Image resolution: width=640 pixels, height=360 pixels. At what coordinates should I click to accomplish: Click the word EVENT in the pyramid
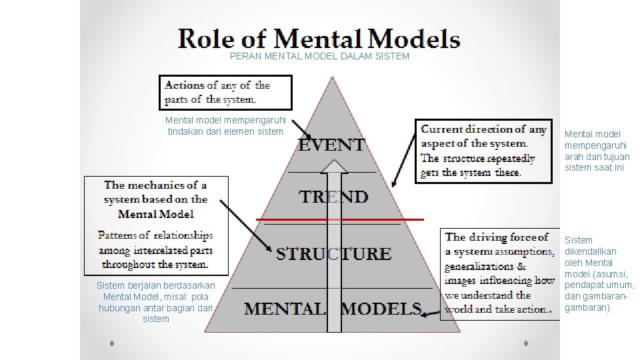331,145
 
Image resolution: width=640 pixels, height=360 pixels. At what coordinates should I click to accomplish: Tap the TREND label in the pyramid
333,197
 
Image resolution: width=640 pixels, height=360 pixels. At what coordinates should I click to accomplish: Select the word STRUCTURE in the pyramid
334,253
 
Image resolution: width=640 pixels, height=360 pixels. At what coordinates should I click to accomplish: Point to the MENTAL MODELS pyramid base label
333,309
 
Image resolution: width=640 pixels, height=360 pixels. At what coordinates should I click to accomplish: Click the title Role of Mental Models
319,38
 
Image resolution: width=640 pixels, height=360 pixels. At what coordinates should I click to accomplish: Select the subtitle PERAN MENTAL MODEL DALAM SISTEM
319,57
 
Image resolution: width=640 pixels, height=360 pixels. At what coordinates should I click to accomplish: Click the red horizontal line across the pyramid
340,219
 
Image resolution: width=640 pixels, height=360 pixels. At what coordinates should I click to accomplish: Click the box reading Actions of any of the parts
226,92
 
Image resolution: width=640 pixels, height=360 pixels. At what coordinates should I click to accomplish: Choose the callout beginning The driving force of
499,273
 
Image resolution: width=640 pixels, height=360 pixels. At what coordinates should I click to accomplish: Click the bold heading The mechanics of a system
155,199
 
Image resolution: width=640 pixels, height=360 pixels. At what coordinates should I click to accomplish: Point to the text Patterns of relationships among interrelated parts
155,250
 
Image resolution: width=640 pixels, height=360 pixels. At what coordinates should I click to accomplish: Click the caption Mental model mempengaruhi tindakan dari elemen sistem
226,125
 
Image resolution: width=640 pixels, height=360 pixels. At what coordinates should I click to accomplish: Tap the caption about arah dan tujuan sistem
597,151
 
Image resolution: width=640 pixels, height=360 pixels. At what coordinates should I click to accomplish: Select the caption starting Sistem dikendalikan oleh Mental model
599,273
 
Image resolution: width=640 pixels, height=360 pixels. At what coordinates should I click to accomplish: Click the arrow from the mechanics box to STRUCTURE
247,227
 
